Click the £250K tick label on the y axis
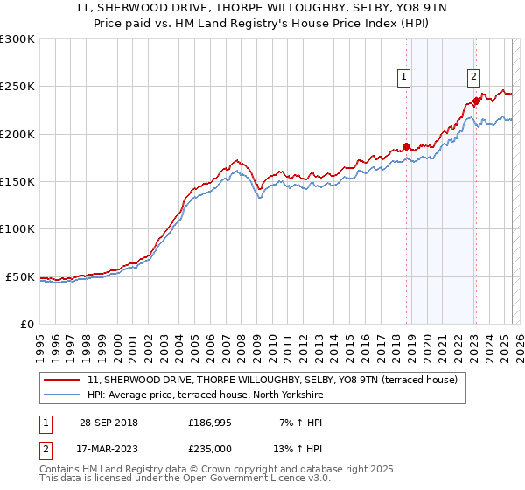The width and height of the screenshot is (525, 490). point(17,87)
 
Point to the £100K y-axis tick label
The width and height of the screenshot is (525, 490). point(17,229)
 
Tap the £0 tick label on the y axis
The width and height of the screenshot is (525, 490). point(26,324)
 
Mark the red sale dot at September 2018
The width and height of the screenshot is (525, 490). point(406,146)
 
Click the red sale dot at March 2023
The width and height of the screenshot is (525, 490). point(476,101)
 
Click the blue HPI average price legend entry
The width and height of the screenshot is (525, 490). point(206,395)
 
